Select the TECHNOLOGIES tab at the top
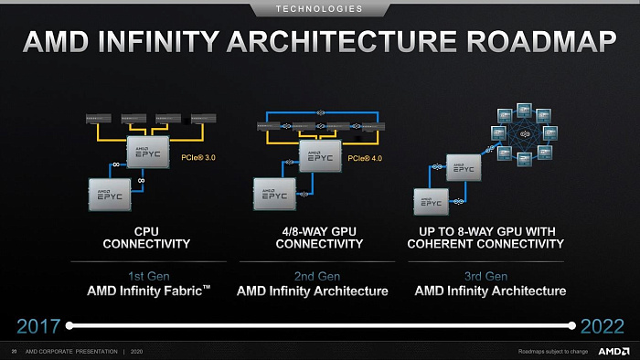[320, 9]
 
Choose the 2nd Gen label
[312, 275]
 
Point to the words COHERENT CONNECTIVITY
[485, 244]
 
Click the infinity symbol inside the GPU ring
[524, 135]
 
